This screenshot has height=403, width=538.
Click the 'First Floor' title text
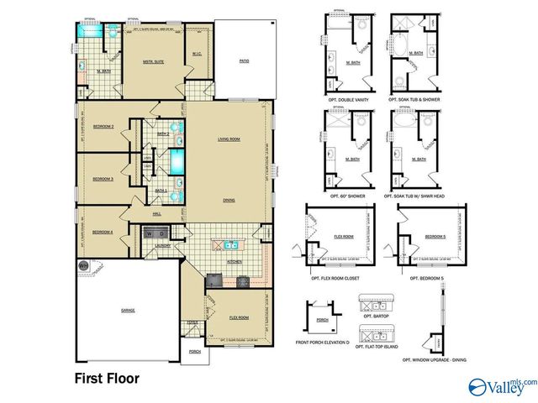click(x=107, y=378)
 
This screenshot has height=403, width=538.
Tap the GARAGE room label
click(x=128, y=310)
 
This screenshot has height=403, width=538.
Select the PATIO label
click(x=244, y=61)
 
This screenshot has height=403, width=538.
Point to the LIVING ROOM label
click(x=229, y=139)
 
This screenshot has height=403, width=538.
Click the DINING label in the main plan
click(x=229, y=200)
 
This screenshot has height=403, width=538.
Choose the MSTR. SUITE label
click(x=153, y=61)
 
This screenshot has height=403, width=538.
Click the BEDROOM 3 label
click(x=103, y=179)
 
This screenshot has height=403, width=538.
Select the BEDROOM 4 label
click(x=103, y=232)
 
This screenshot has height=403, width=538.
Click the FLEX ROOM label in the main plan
click(x=239, y=318)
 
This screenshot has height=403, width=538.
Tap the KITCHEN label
click(x=236, y=261)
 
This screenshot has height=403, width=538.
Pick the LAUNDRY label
click(x=162, y=245)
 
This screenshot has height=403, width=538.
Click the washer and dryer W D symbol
click(x=156, y=233)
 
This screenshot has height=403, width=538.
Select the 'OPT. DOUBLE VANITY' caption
click(x=345, y=98)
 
